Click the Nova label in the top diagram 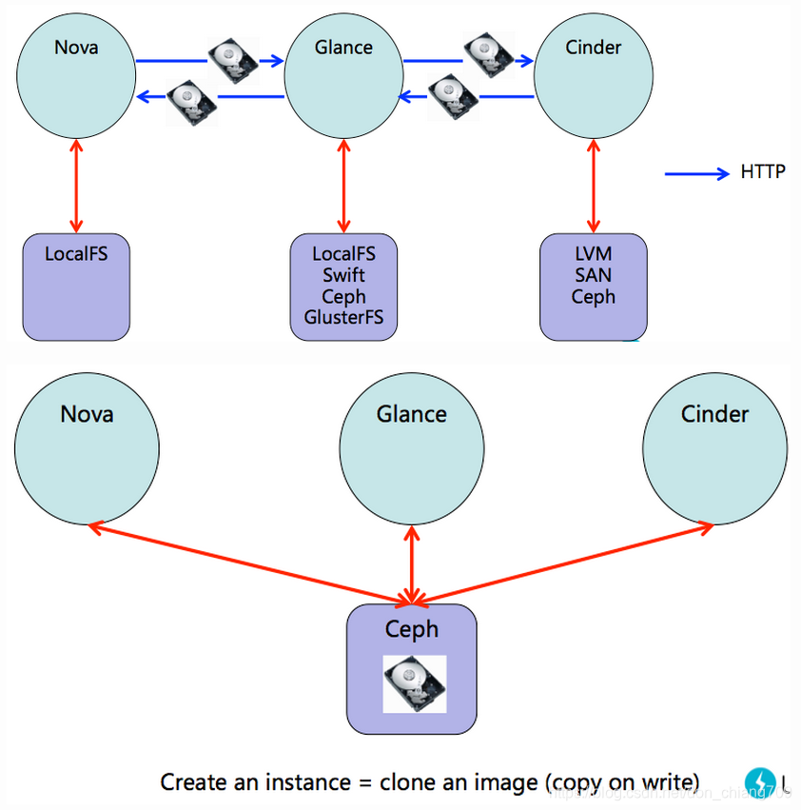(x=76, y=47)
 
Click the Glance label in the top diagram (x=342, y=47)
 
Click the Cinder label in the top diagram (x=594, y=47)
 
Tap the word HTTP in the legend (x=762, y=173)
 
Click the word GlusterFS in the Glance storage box (x=343, y=317)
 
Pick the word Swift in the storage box (x=343, y=275)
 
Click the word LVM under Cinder (x=594, y=254)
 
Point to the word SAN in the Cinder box (x=594, y=275)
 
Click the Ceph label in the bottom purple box (x=412, y=629)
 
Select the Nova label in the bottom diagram (x=87, y=414)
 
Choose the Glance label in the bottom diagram (x=411, y=414)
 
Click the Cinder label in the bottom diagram (x=714, y=414)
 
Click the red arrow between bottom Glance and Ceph (x=412, y=567)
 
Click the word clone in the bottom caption (x=407, y=782)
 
